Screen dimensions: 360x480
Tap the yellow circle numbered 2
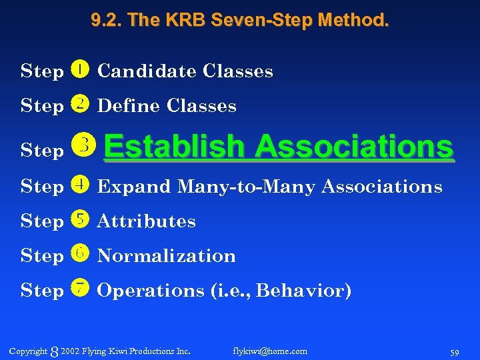pos(79,104)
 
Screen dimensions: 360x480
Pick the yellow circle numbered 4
pos(79,185)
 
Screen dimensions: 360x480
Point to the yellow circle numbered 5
pos(79,219)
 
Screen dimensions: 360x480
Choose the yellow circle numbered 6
pos(79,254)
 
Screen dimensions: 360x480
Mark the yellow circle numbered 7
pos(79,289)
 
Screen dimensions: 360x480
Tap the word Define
pos(129,105)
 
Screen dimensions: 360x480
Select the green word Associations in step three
pos(353,146)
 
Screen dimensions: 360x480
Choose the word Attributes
pos(147,221)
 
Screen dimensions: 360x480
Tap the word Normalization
pos(167,256)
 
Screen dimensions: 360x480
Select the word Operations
pos(151,291)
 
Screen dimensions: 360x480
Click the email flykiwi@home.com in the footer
pos(270,351)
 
